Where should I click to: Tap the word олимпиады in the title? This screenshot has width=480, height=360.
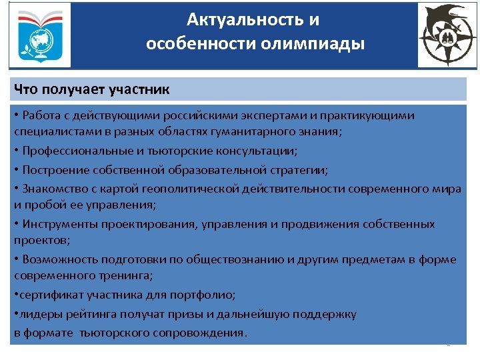tap(323, 44)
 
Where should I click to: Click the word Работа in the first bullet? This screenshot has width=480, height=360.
tap(41, 115)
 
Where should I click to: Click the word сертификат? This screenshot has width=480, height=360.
tap(48, 295)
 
